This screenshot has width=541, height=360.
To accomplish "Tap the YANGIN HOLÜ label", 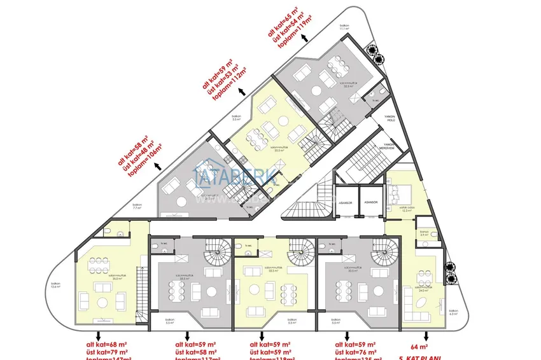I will (x=390, y=119).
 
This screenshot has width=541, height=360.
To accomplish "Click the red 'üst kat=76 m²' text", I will (x=356, y=352).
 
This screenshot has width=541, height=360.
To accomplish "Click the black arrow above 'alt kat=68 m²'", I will (x=97, y=333).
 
